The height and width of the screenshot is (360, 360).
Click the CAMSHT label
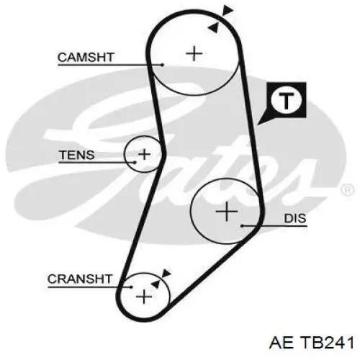pyautogui.click(x=86, y=58)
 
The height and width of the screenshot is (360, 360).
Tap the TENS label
pyautogui.click(x=76, y=155)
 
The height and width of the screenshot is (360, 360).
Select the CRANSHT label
pyautogui.click(x=80, y=279)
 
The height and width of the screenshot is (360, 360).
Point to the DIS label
pyautogui.click(x=295, y=218)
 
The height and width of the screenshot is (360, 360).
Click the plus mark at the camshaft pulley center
pyautogui.click(x=194, y=53)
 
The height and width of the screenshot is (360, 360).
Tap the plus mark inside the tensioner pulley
pyautogui.click(x=145, y=154)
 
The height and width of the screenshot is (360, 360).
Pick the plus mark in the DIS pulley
pyautogui.click(x=227, y=212)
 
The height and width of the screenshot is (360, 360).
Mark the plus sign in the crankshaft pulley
pyautogui.click(x=144, y=297)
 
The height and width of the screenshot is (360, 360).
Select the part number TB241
pyautogui.click(x=328, y=342)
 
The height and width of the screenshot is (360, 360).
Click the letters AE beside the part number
pyautogui.click(x=282, y=342)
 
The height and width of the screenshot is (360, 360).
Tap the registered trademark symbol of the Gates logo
pyautogui.click(x=347, y=190)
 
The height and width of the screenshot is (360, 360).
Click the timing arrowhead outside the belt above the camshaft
pyautogui.click(x=228, y=11)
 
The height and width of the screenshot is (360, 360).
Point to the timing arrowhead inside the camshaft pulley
pyautogui.click(x=213, y=27)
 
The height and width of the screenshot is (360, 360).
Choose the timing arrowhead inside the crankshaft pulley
pyautogui.click(x=156, y=284)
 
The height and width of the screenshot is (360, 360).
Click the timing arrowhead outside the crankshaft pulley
pyautogui.click(x=166, y=274)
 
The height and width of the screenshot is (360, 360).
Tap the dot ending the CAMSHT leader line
pyautogui.click(x=163, y=65)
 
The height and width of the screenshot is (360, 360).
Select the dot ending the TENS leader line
pyautogui.click(x=135, y=163)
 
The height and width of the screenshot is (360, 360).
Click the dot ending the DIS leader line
pyautogui.click(x=243, y=225)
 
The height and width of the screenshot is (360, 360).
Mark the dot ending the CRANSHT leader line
pyautogui.click(x=131, y=287)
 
